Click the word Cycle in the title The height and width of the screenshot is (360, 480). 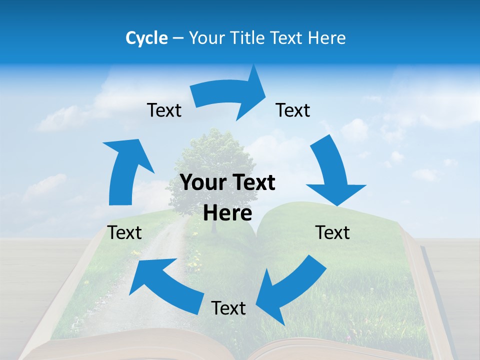[146, 38]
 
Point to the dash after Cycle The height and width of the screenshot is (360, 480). [178, 38]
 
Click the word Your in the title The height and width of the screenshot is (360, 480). [206, 38]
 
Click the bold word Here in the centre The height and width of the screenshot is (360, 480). [227, 213]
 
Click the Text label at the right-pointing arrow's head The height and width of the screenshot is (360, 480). [293, 110]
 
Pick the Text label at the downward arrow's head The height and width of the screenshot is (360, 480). [333, 232]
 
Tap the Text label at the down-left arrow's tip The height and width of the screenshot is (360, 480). [228, 308]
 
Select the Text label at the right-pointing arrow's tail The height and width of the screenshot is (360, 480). [164, 110]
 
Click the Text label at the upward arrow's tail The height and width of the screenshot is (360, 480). [125, 232]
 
